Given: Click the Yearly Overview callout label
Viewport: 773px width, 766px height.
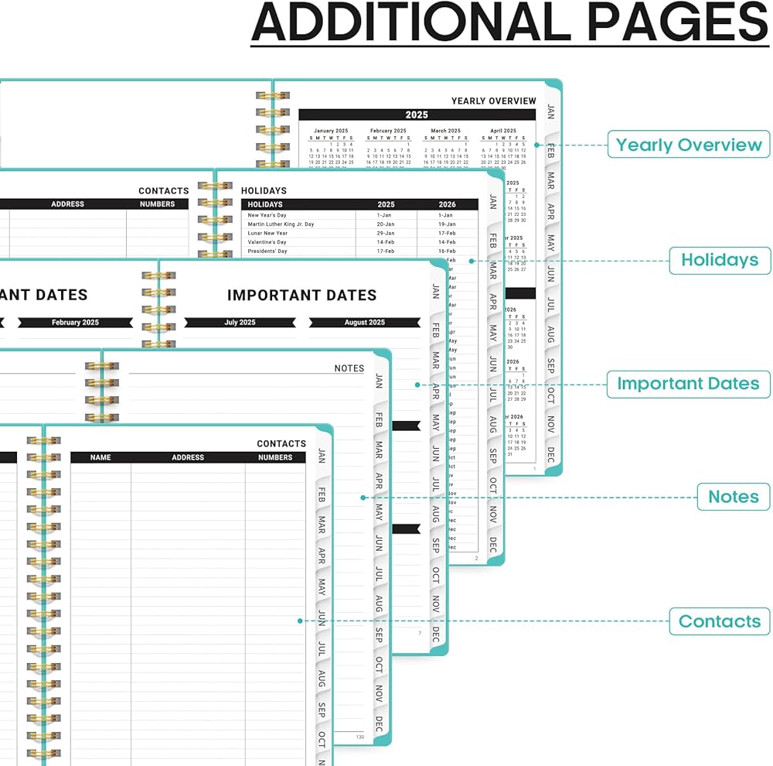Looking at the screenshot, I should click(x=689, y=145).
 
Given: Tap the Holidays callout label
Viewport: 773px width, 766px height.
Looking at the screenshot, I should click(x=719, y=260).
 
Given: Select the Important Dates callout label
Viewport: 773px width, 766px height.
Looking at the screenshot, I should click(x=688, y=384).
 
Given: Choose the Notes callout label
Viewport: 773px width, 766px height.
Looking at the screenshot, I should click(x=734, y=497).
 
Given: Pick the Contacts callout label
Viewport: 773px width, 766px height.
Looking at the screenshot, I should click(x=719, y=621).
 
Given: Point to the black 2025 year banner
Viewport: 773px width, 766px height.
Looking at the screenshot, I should click(x=417, y=115).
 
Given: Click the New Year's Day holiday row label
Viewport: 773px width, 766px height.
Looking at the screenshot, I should click(x=267, y=215).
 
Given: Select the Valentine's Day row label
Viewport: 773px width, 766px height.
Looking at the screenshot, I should click(x=267, y=242).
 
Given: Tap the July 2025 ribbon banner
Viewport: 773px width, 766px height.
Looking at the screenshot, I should click(x=240, y=323).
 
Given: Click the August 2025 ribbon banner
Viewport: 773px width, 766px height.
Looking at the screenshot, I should click(x=364, y=323).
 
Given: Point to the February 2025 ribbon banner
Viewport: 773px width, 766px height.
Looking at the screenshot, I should click(x=75, y=323).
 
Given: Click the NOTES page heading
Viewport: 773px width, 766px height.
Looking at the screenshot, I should click(x=349, y=368).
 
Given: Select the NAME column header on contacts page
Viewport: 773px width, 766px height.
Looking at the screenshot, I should click(x=100, y=457).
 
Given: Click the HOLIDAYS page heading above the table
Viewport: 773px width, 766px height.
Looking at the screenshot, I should click(x=264, y=190).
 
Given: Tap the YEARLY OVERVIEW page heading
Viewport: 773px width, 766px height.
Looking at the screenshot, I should click(x=493, y=101).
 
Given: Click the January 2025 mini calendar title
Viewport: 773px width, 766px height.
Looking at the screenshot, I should click(x=331, y=131).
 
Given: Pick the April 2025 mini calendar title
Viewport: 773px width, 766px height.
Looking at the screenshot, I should click(x=503, y=131).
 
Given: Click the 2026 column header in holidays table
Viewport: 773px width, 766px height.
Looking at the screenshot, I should click(x=447, y=204).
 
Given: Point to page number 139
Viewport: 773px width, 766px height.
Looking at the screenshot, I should click(x=359, y=737).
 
